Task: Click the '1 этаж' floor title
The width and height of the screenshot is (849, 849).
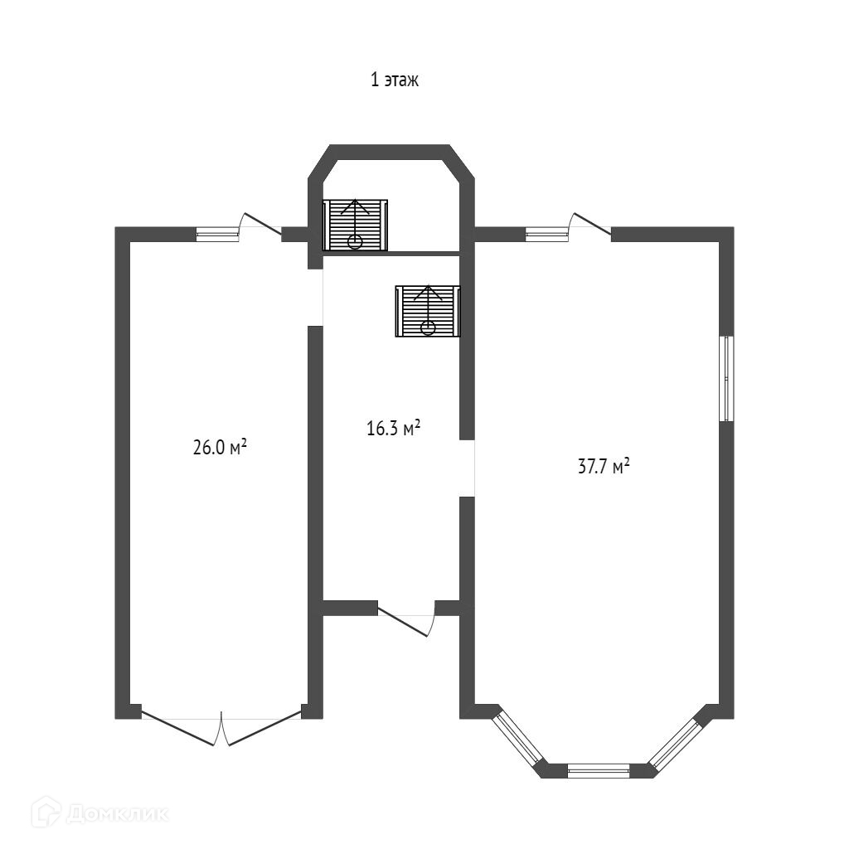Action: [x=395, y=80]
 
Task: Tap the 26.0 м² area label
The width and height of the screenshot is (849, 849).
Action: [x=221, y=448]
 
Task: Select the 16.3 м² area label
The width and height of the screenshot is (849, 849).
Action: [x=394, y=428]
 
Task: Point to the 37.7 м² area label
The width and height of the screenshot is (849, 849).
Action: [x=604, y=467]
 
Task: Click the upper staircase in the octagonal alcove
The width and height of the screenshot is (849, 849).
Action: [x=356, y=224]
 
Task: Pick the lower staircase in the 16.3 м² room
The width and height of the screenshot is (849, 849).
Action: [x=427, y=311]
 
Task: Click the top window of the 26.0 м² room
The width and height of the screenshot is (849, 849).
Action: [x=217, y=235]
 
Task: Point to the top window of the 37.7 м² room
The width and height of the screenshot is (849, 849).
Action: [x=547, y=235]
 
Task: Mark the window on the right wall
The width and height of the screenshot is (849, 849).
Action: [x=726, y=378]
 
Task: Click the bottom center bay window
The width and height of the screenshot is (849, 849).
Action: [x=599, y=770]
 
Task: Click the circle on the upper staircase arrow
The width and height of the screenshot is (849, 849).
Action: [x=356, y=241]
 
